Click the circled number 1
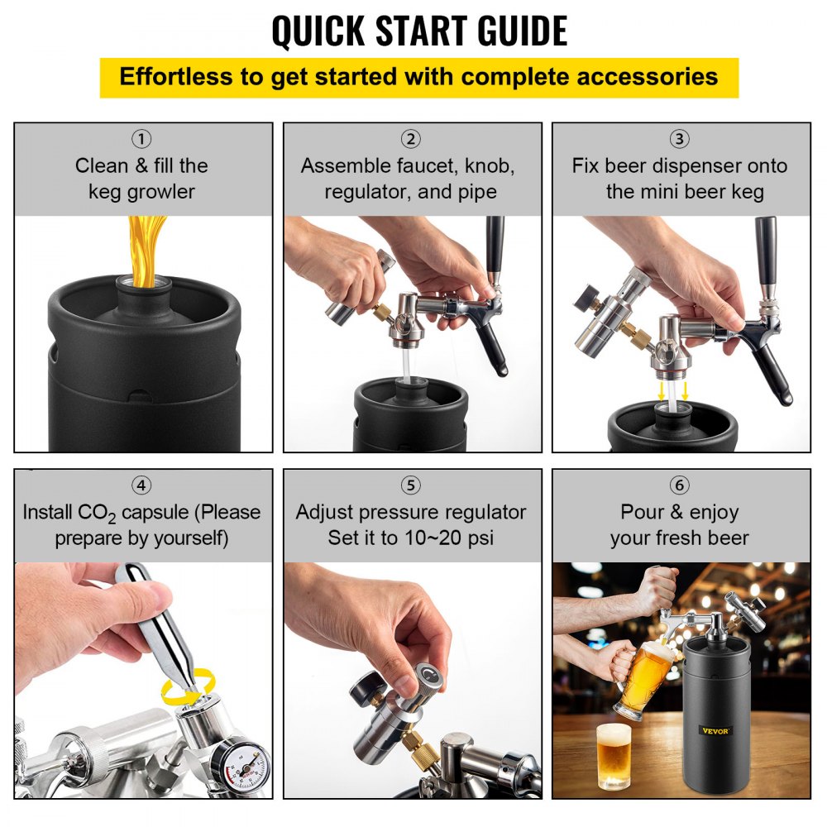point(142,139)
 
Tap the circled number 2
point(411,139)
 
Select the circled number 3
point(680,139)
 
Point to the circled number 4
point(142,485)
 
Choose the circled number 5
point(411,485)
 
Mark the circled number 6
point(680,485)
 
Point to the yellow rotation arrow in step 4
point(189,686)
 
